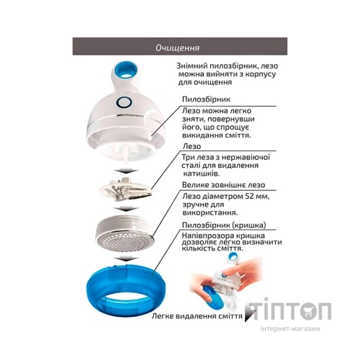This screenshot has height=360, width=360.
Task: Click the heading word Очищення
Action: [177, 48]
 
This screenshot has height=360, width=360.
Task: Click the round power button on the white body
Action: [124, 103]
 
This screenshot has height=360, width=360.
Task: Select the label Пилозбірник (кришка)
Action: [224, 225]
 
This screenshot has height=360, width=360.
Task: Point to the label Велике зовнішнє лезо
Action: [223, 185]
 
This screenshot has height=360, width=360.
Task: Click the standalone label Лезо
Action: [192, 146]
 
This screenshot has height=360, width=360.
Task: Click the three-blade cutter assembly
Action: [127, 189]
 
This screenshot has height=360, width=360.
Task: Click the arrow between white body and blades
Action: [126, 171]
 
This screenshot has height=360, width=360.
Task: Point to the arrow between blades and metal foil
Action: [126, 209]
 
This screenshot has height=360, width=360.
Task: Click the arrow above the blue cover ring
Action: [126, 258]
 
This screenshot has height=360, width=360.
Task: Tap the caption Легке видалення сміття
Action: [197, 316]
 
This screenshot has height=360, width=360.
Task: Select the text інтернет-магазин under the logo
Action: [290, 328]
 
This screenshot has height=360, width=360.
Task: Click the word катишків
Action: [201, 174]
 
